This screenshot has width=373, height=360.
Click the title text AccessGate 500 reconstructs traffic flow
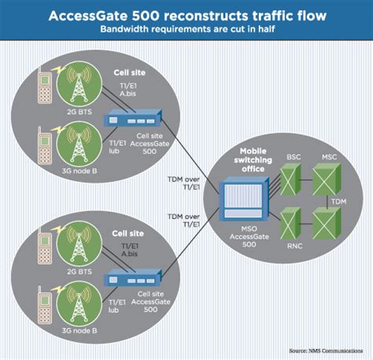pos(186,15)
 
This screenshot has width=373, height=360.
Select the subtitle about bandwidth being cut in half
pos(186,30)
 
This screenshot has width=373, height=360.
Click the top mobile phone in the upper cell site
pos(45,87)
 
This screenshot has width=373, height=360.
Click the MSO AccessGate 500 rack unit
pos(241,201)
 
